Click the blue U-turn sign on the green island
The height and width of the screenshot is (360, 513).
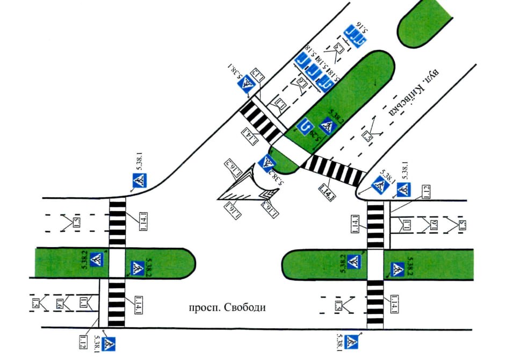tap(305, 127)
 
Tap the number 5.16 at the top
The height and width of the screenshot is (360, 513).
tap(365, 26)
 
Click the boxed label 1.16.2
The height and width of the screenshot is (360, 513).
tap(232, 169)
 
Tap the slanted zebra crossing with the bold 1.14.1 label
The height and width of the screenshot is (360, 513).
tap(333, 170)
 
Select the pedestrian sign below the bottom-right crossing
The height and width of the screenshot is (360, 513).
tap(352, 341)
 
